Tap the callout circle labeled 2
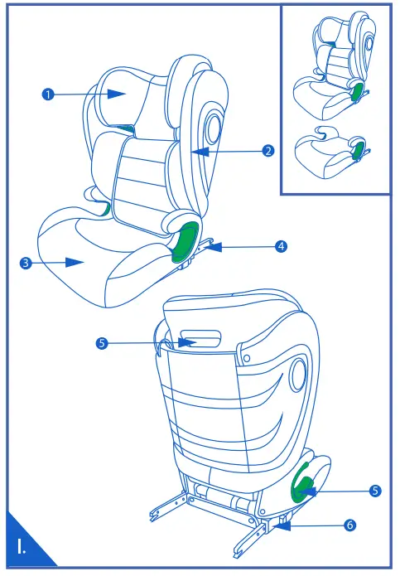267,151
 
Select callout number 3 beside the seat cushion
26,263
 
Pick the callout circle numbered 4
282,246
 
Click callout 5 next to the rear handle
101,342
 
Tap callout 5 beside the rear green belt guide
375,491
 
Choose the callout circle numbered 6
349,525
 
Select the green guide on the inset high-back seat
359,92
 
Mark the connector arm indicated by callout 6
282,522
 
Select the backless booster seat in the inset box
327,152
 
